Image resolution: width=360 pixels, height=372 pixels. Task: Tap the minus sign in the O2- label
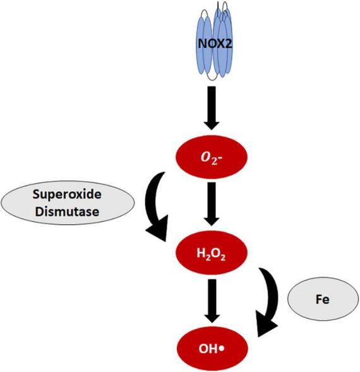tap(223, 156)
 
